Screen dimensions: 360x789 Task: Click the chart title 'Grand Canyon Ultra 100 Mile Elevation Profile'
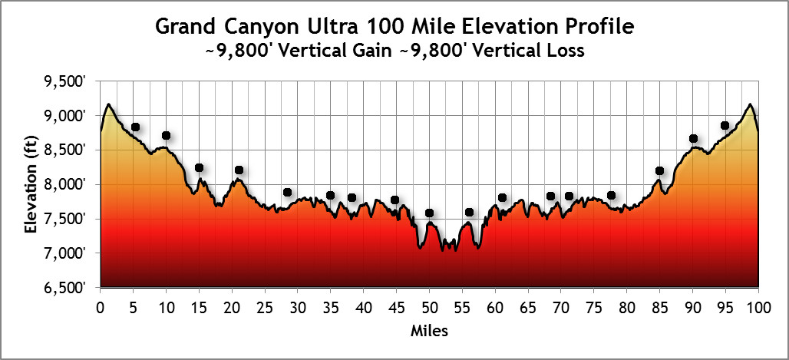pos(395,26)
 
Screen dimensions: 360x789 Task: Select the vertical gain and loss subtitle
pos(394,52)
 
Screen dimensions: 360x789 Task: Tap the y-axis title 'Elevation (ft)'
pos(31,185)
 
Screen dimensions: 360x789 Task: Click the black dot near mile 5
pos(135,127)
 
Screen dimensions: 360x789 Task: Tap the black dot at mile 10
pos(166,136)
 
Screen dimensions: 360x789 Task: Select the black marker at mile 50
pos(429,213)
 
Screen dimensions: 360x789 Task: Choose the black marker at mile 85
pos(659,170)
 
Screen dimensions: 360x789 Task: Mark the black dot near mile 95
pos(725,126)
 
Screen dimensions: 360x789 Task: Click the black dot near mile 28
pos(287,193)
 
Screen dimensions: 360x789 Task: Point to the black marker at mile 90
pos(693,139)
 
